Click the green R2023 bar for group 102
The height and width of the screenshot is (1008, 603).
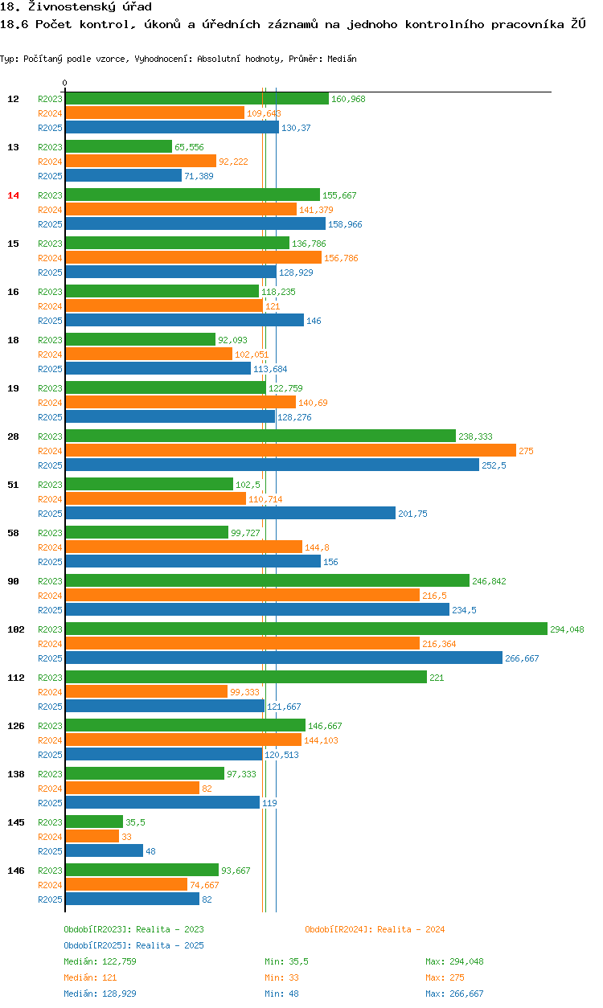coord(306,629)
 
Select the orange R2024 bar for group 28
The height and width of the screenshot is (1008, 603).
coord(290,451)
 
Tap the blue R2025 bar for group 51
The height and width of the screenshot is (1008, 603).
coord(230,514)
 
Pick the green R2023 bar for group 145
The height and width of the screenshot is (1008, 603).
coord(94,822)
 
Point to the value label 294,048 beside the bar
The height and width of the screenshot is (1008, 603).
coord(567,629)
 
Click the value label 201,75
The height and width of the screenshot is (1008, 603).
coord(412,514)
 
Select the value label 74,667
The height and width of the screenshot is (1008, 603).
coord(204,885)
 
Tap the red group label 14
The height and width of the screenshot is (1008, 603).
coord(13,195)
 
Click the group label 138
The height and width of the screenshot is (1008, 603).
coord(16,774)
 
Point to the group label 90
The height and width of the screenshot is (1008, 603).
coord(13,581)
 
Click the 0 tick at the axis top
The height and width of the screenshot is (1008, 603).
coord(65,83)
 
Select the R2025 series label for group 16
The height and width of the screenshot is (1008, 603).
coord(50,321)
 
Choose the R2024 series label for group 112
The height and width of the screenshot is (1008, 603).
coord(50,692)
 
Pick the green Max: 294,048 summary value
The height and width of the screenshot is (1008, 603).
coord(454,961)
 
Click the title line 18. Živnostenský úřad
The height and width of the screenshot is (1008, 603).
coord(76,6)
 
